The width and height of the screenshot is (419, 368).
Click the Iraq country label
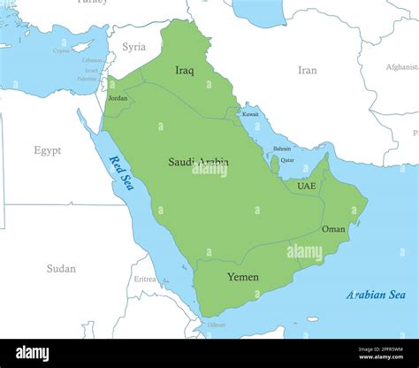pyautogui.click(x=185, y=70)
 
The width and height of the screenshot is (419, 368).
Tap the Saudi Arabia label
pyautogui.click(x=198, y=162)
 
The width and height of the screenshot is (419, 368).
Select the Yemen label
pyautogui.click(x=243, y=277)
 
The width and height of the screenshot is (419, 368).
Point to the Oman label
pyautogui.click(x=333, y=228)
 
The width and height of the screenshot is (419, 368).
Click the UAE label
pyautogui.click(x=306, y=186)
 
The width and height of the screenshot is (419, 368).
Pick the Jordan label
pyautogui.click(x=118, y=98)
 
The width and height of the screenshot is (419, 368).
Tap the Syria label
pyautogui.click(x=134, y=47)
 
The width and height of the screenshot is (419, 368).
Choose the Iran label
pyautogui.click(x=307, y=70)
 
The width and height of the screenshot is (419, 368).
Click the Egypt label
pyautogui.click(x=48, y=150)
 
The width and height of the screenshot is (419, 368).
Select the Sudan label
pyautogui.click(x=61, y=268)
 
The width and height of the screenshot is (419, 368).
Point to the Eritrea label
pyautogui.click(x=145, y=279)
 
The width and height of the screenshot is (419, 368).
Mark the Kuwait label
pyautogui.click(x=251, y=114)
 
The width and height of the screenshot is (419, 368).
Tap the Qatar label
pyautogui.click(x=287, y=160)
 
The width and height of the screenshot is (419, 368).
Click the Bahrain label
pyautogui.click(x=282, y=149)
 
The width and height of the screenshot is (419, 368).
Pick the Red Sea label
pyautogui.click(x=121, y=172)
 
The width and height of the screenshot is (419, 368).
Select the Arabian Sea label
pyautogui.click(x=376, y=295)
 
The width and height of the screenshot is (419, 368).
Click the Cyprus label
pyautogui.click(x=61, y=50)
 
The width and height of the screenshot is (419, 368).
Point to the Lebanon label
pyautogui.click(x=92, y=60)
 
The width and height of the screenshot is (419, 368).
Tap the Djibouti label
pyautogui.click(x=217, y=325)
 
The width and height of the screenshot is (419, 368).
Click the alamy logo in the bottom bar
pyautogui.click(x=44, y=353)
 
